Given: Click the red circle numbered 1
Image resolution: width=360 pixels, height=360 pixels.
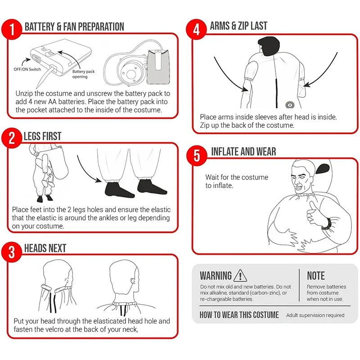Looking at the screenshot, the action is [x=12, y=29].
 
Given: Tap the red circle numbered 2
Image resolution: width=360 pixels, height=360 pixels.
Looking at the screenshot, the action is [x=12, y=138].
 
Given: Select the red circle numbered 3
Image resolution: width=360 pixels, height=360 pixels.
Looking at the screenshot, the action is [x=12, y=252].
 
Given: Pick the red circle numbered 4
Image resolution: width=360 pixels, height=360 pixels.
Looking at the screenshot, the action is [x=196, y=29].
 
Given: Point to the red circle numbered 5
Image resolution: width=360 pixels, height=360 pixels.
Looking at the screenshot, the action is [x=197, y=155].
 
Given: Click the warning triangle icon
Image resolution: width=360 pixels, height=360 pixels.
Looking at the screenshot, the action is [x=240, y=275].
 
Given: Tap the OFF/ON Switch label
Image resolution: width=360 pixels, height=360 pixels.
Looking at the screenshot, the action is [x=27, y=69].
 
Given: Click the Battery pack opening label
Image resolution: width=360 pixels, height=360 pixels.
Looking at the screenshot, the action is [x=83, y=74].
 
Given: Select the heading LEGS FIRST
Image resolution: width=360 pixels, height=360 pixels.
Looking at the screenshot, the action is [x=43, y=136].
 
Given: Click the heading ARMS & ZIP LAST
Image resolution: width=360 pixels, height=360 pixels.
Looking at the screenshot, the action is [x=238, y=26].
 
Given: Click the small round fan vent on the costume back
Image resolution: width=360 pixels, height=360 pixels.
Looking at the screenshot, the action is [x=290, y=105].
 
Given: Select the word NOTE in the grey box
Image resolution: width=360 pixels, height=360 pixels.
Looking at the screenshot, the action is [x=316, y=275].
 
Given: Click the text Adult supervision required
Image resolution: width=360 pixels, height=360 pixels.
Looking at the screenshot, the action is [x=315, y=315].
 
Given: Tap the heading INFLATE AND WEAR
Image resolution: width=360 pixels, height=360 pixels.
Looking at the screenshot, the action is [x=243, y=152].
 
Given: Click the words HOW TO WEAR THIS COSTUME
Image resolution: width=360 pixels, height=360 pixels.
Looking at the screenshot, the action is [x=239, y=315].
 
